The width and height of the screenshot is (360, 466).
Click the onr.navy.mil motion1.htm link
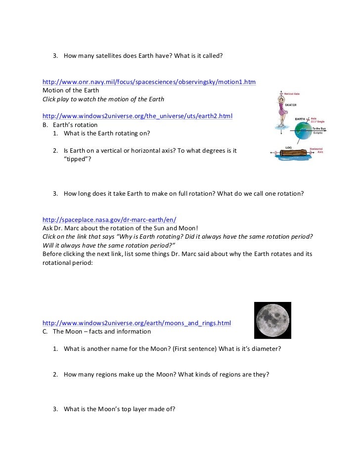coord(149,82)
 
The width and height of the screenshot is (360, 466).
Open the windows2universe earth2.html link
coord(137,116)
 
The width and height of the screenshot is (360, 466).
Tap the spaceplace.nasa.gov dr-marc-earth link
coord(109,219)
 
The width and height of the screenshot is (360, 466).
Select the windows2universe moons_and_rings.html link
coord(136,323)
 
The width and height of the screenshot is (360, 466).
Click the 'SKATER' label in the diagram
coord(291,104)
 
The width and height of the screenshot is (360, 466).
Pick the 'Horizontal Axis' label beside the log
coord(316,150)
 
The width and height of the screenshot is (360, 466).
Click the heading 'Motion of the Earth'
coord(71,90)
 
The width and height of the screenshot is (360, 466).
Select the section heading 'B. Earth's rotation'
coord(70,125)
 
